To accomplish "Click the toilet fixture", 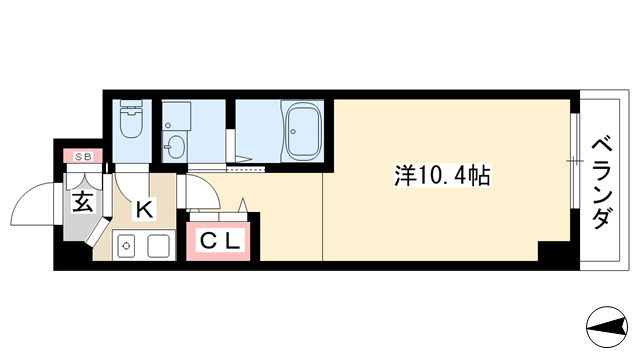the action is (x=131, y=118).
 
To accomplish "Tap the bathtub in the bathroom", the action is (x=303, y=131).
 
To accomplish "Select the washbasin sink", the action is (x=175, y=146).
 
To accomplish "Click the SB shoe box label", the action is (x=83, y=156).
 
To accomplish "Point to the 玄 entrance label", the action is (x=83, y=202).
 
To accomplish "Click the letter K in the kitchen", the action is (x=144, y=209).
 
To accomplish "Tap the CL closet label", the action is (x=220, y=242).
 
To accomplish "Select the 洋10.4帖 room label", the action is (x=442, y=176).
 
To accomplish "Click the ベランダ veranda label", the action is (x=602, y=183).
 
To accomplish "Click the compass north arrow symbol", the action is (x=607, y=327).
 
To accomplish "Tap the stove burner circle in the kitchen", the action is (x=126, y=246).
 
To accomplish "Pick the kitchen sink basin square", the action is (x=158, y=246).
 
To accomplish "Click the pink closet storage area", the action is (x=218, y=242).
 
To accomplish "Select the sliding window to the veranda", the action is (x=575, y=161).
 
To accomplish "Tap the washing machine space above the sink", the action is (x=176, y=116).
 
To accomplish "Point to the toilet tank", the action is (x=131, y=104).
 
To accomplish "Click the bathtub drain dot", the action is (x=293, y=131).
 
